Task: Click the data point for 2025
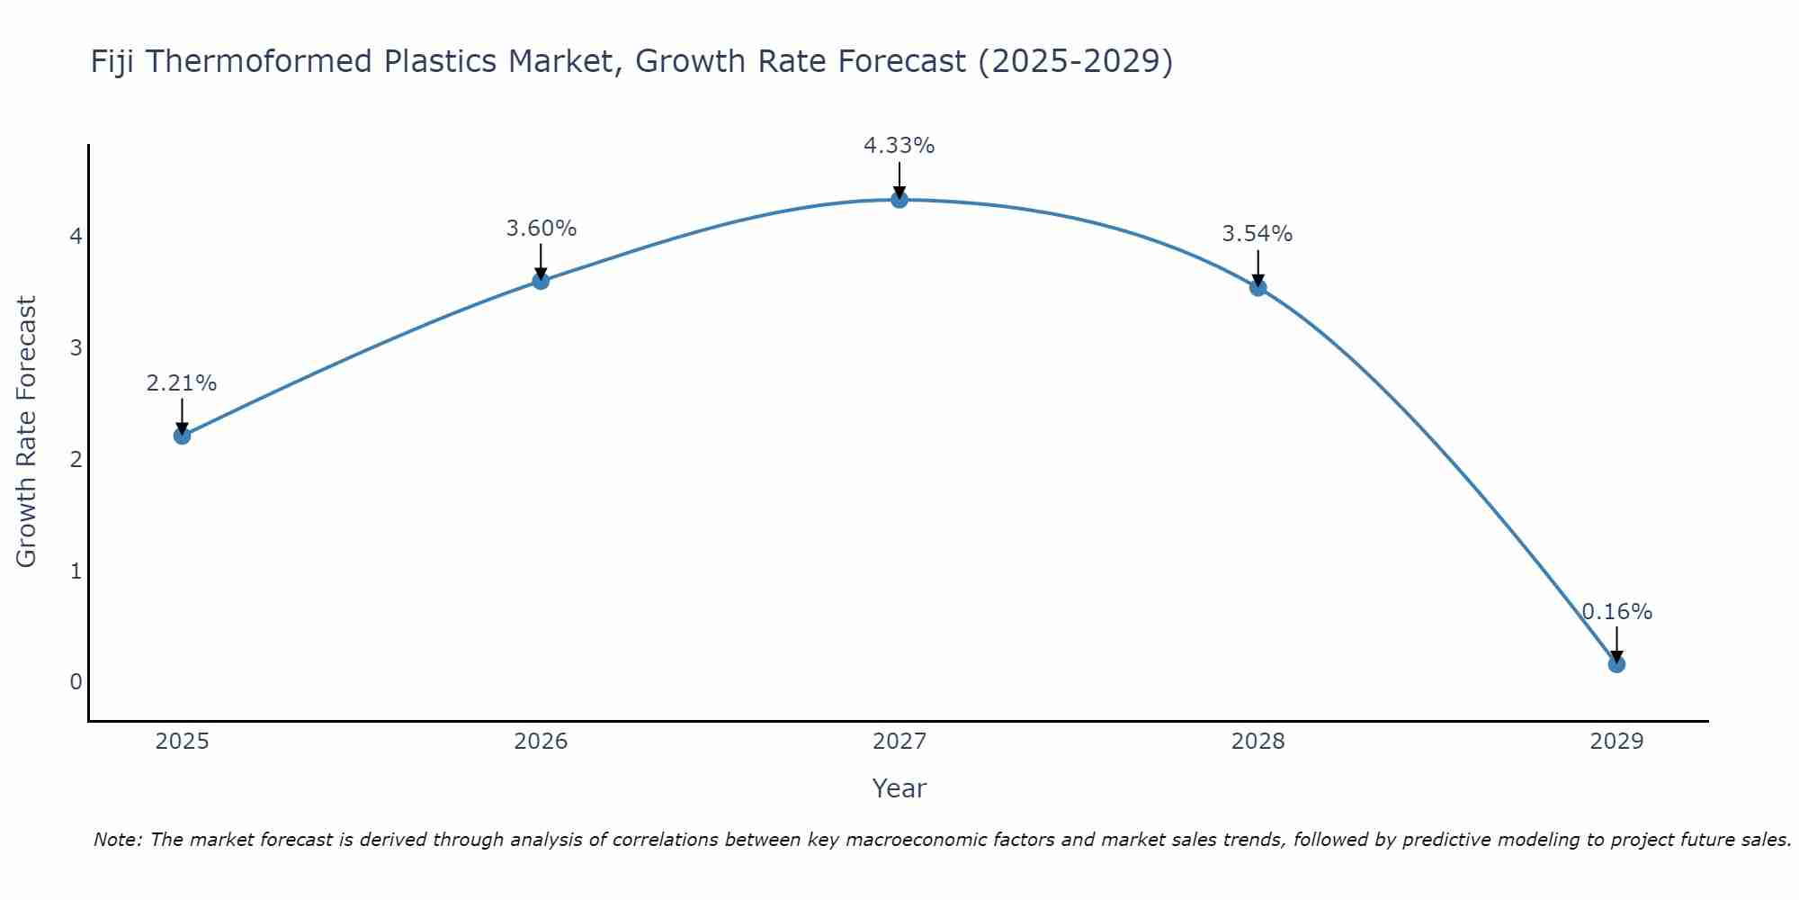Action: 182,436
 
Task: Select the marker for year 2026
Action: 541,281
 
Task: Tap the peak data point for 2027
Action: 899,200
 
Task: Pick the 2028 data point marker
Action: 1258,288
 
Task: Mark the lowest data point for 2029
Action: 1616,664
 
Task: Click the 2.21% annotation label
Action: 182,383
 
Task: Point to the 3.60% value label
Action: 541,229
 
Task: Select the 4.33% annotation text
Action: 899,146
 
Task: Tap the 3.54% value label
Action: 1258,234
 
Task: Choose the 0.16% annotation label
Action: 1616,612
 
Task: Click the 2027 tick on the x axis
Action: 899,742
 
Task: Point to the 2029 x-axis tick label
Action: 1616,742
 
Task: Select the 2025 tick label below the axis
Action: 182,742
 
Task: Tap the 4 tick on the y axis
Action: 76,237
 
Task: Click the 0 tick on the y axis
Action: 76,682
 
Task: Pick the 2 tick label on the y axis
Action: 76,460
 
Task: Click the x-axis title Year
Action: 899,788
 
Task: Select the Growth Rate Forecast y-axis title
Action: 27,432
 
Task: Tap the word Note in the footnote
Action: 116,840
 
